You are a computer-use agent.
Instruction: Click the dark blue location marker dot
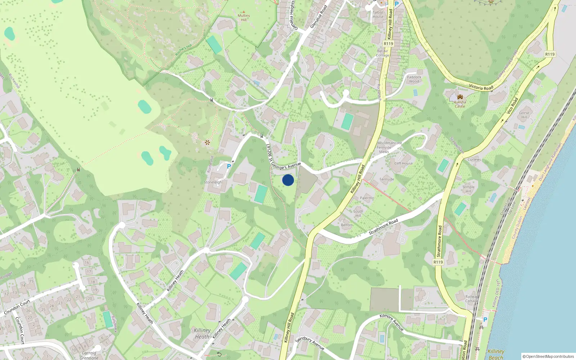288,180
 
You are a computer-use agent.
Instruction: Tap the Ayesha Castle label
460,104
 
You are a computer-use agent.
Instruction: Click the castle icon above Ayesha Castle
460,97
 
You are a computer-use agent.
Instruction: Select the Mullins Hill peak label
244,18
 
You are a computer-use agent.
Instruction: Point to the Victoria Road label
481,87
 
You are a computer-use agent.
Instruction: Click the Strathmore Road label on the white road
383,226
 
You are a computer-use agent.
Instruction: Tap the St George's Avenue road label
285,166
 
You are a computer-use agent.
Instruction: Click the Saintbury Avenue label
310,343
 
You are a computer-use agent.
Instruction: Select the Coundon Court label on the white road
17,307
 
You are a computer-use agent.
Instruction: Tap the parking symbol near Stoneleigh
229,166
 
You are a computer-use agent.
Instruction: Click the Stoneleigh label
213,182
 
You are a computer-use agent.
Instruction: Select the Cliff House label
403,163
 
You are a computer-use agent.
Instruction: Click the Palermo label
367,198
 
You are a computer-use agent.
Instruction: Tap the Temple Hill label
468,189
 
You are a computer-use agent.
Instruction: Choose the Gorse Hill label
524,115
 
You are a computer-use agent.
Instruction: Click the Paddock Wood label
414,79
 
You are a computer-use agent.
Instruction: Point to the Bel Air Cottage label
383,53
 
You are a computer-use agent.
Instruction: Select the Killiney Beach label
496,354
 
